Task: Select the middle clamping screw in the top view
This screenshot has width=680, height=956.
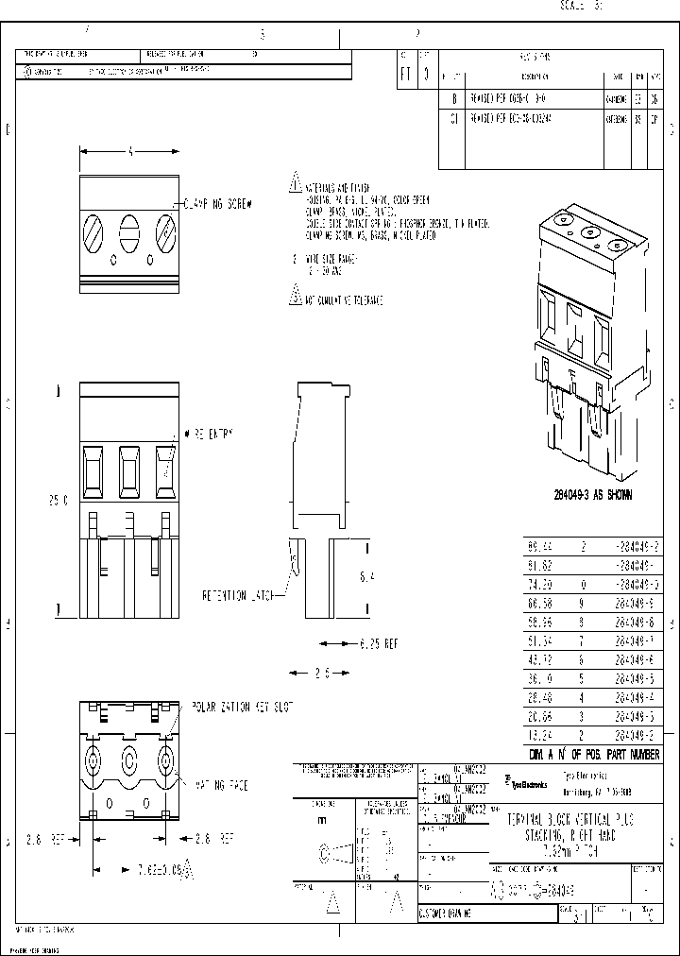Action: tap(128, 231)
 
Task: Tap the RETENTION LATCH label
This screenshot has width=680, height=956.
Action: tap(237, 596)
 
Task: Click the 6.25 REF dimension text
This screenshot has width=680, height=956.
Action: tap(378, 643)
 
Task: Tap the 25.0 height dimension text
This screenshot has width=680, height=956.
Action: tap(59, 501)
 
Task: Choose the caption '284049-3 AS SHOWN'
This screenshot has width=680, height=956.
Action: tap(593, 494)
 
